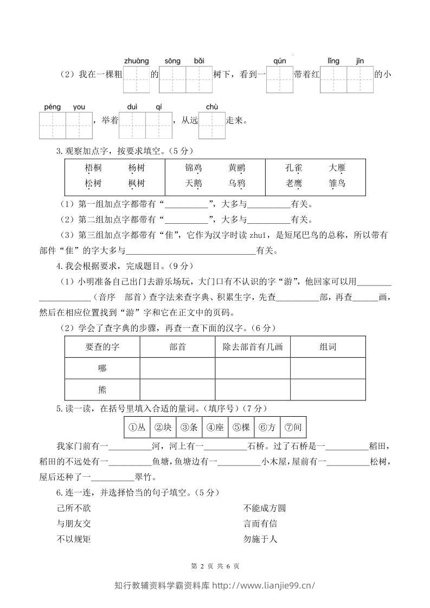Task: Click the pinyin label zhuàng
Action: [x=136, y=61]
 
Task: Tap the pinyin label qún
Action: [x=279, y=61]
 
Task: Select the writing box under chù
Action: [x=211, y=126]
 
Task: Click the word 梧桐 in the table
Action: [x=93, y=168]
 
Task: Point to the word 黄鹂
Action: [x=237, y=168]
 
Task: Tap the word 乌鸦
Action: [x=237, y=183]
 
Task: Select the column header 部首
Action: [x=177, y=347]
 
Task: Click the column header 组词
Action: [x=328, y=347]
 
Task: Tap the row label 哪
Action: [x=102, y=368]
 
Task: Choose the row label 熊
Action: [x=102, y=390]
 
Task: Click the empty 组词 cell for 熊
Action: [x=328, y=390]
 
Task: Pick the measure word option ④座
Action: [x=215, y=428]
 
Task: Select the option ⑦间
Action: [x=293, y=428]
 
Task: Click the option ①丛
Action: [x=137, y=428]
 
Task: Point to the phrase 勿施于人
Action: [x=261, y=539]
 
